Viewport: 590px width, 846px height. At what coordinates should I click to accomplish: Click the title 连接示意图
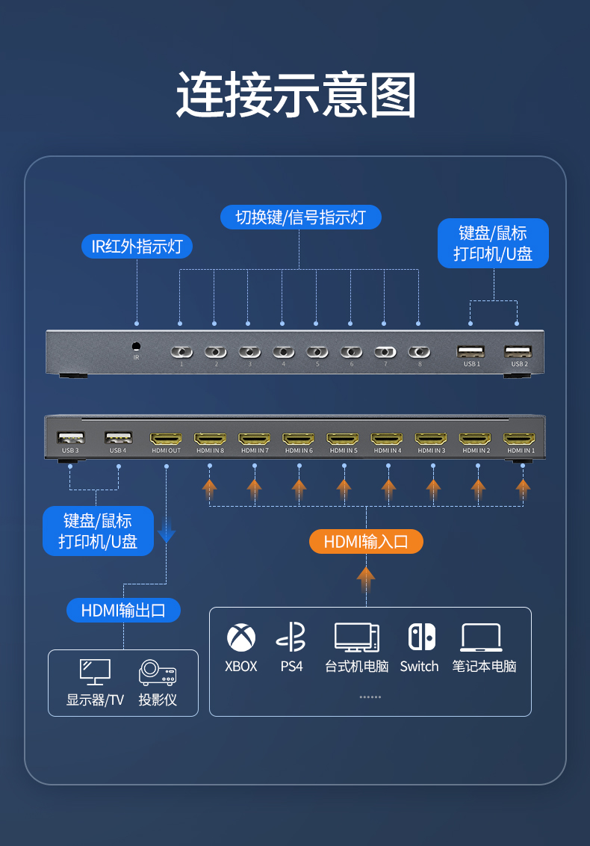pyautogui.click(x=296, y=96)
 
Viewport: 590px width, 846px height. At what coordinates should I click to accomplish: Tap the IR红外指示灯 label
pyautogui.click(x=137, y=246)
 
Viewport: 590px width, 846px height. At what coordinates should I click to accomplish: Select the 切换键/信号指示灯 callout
pyautogui.click(x=300, y=217)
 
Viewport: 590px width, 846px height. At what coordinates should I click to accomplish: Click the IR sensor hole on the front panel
pyautogui.click(x=136, y=347)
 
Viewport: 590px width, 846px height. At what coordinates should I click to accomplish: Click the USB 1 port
pyautogui.click(x=471, y=351)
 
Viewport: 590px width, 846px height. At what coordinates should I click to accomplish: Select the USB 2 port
pyautogui.click(x=518, y=351)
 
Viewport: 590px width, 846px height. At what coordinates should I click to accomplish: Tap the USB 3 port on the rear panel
pyautogui.click(x=70, y=438)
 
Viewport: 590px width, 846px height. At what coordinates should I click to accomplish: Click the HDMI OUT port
pyautogui.click(x=166, y=439)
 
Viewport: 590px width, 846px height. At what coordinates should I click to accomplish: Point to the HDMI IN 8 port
pyautogui.click(x=210, y=439)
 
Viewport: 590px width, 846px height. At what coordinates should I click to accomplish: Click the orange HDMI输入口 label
pyautogui.click(x=366, y=542)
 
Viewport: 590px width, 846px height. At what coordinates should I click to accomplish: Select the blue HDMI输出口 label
pyautogui.click(x=123, y=610)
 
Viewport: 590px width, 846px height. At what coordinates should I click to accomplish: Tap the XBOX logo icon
pyautogui.click(x=241, y=637)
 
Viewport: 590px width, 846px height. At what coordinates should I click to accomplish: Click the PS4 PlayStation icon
pyautogui.click(x=291, y=637)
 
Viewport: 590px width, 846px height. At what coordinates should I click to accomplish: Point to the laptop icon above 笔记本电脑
pyautogui.click(x=482, y=637)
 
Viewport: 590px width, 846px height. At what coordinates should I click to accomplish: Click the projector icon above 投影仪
pyautogui.click(x=158, y=672)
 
